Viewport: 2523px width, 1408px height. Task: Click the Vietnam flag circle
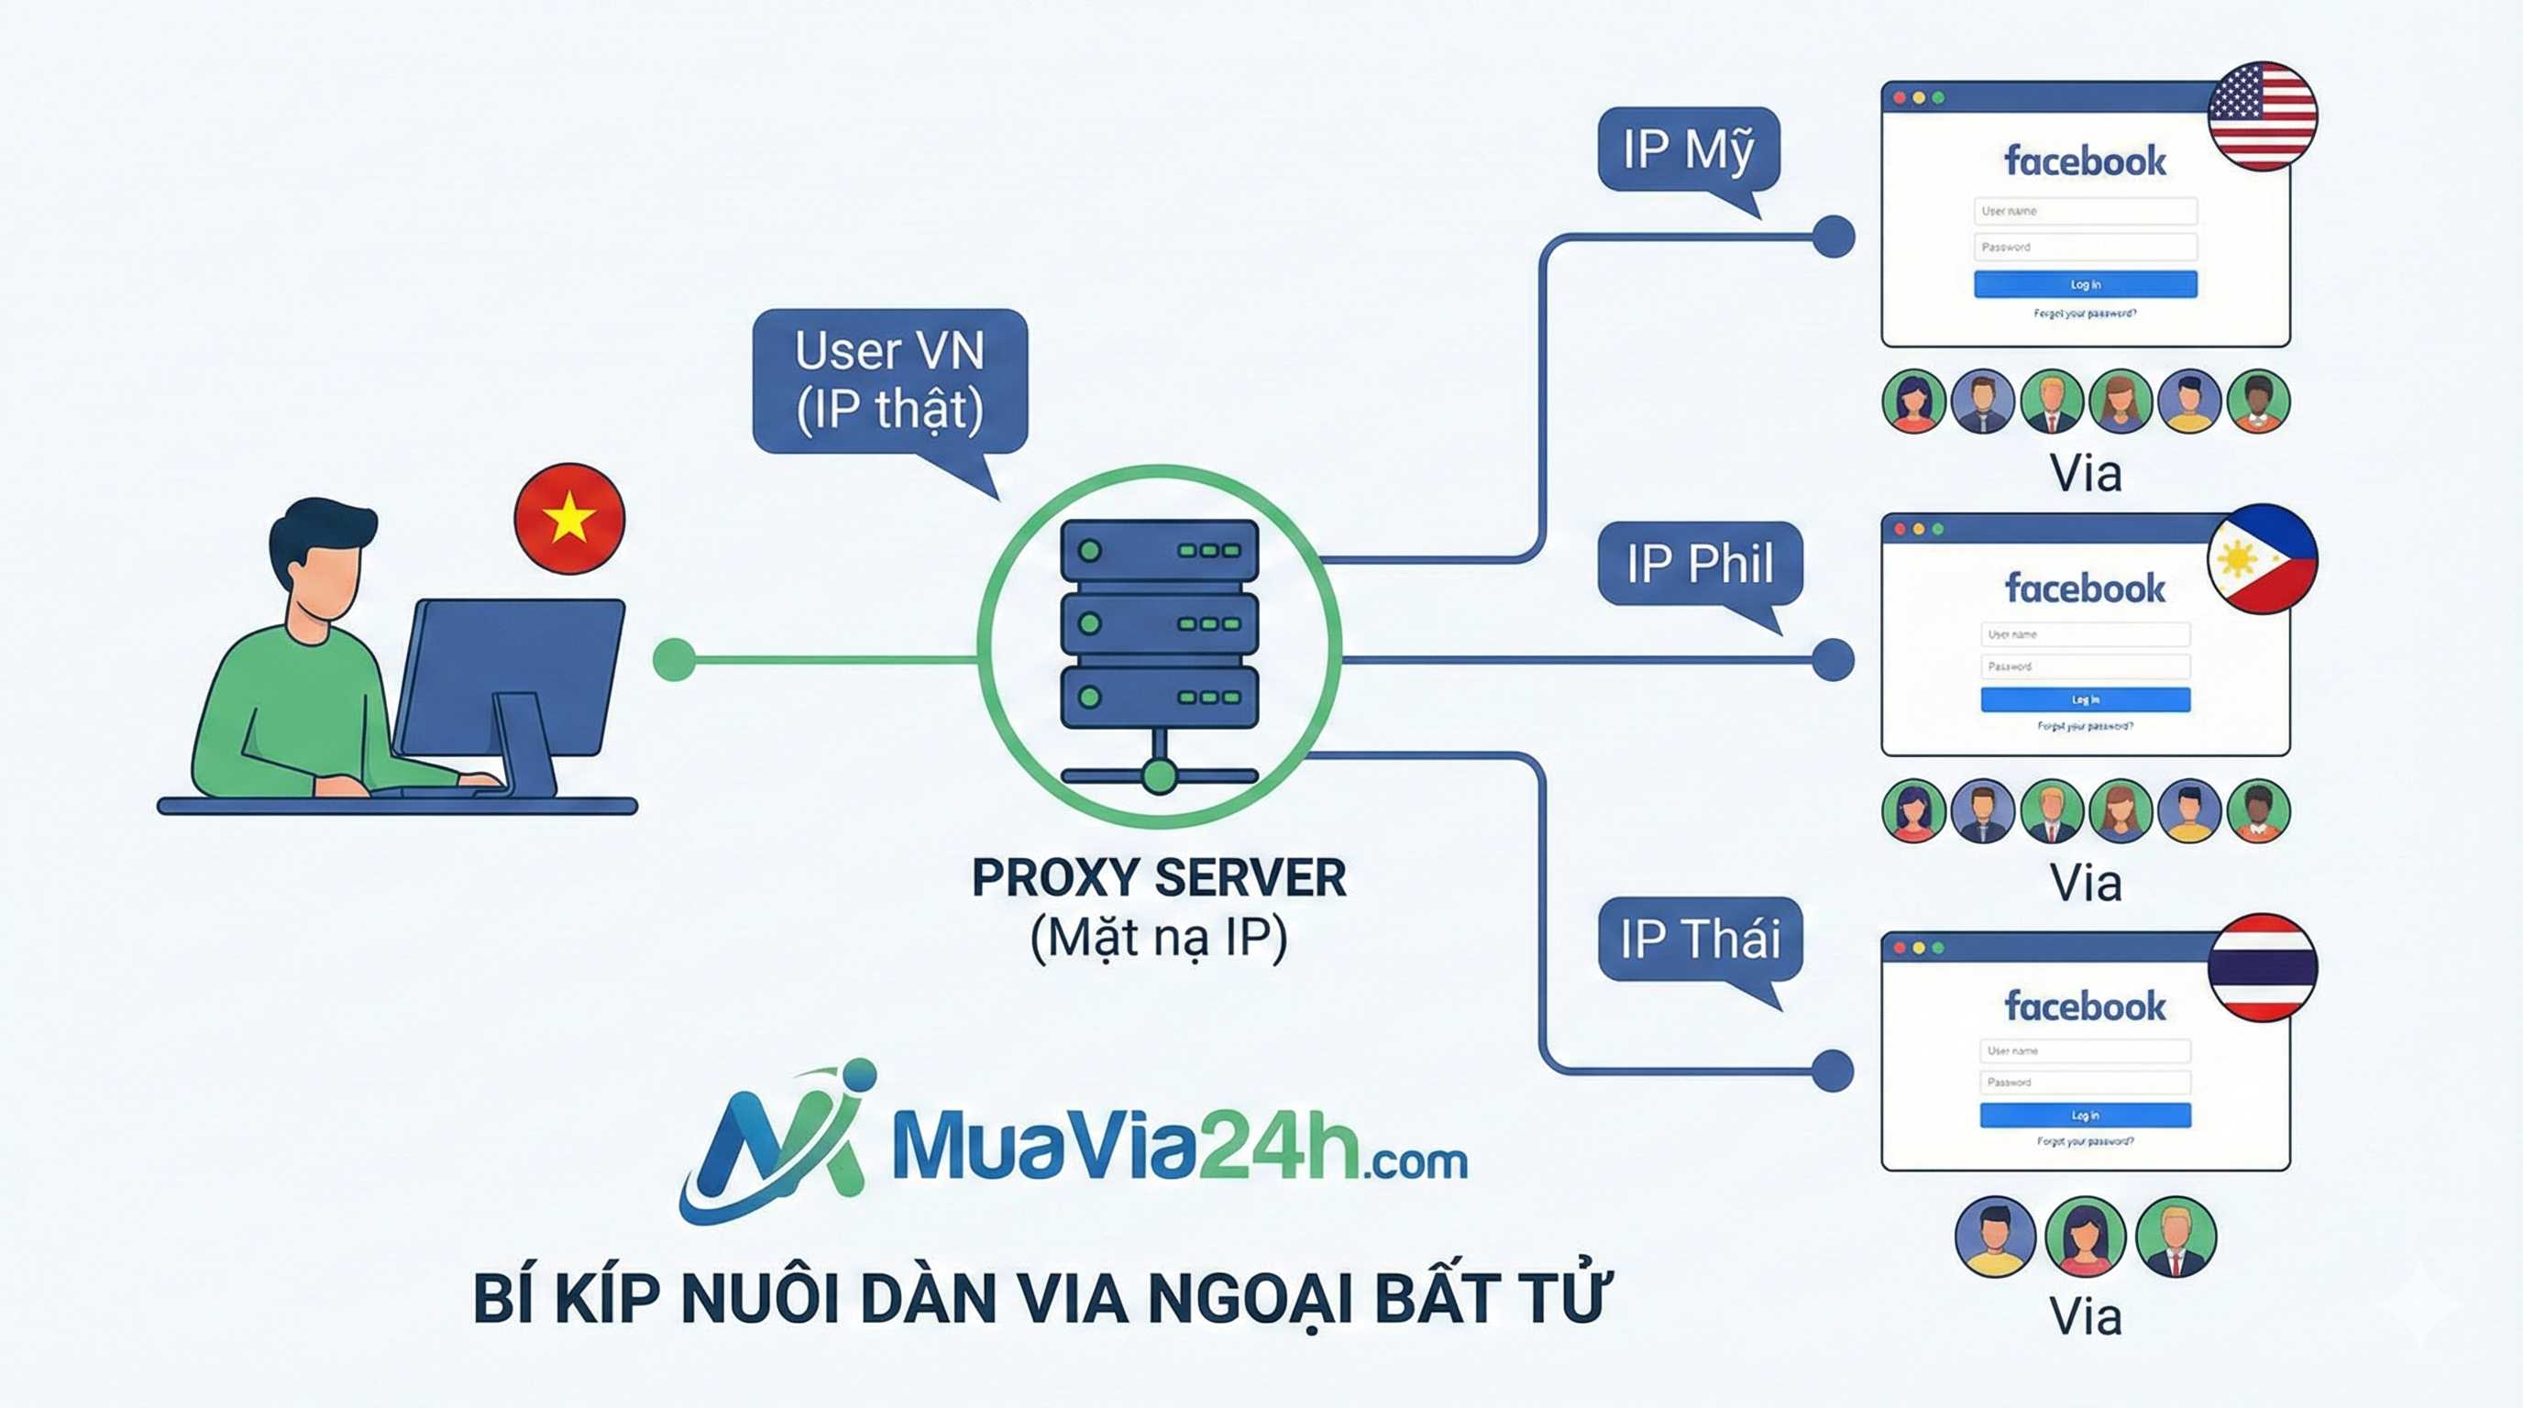click(x=569, y=518)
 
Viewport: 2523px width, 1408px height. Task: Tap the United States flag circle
click(x=2262, y=115)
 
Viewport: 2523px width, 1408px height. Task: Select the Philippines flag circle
click(x=2262, y=558)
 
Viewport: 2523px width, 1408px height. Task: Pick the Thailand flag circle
click(x=2262, y=967)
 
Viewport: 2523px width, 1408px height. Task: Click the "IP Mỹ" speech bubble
click(x=1688, y=148)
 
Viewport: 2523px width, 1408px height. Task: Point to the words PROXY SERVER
click(x=1159, y=877)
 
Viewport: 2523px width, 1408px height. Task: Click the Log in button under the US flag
click(x=2085, y=284)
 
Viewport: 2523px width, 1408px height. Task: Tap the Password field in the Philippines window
click(x=2085, y=666)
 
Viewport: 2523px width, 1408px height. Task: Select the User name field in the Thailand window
click(x=2085, y=1050)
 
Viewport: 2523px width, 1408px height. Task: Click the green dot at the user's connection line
click(x=674, y=659)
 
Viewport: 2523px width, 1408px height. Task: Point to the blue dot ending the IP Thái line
click(x=1833, y=1069)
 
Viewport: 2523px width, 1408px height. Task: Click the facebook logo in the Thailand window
click(x=2085, y=1006)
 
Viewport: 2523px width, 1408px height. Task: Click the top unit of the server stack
click(x=1159, y=550)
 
